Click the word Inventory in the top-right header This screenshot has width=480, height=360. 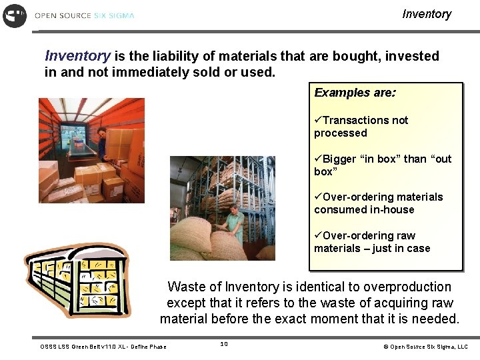pyautogui.click(x=427, y=14)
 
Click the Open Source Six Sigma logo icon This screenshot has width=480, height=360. pyautogui.click(x=15, y=15)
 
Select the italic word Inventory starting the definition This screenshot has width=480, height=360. pyautogui.click(x=77, y=56)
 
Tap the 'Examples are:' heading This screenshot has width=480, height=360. pyautogui.click(x=355, y=93)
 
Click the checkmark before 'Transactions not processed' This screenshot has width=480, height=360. pyautogui.click(x=318, y=121)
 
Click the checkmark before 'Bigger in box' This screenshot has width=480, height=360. pyautogui.click(x=318, y=159)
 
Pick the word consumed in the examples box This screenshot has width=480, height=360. pyautogui.click(x=339, y=209)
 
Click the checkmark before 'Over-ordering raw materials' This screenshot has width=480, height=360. pyautogui.click(x=318, y=236)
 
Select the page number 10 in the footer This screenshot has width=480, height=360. pyautogui.click(x=224, y=344)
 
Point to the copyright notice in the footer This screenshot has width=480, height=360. pyautogui.click(x=425, y=347)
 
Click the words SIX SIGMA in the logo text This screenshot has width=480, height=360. pyautogui.click(x=114, y=15)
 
